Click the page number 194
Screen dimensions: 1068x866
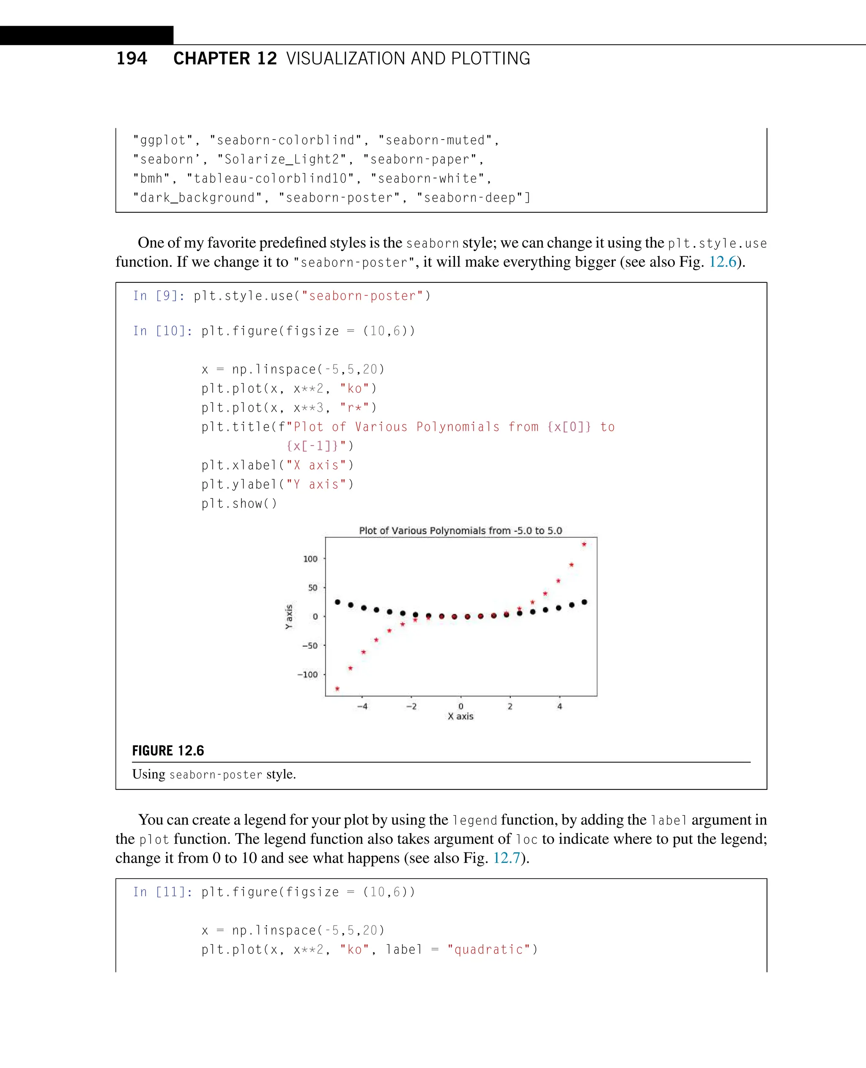click(132, 58)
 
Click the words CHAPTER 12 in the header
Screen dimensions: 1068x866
click(225, 58)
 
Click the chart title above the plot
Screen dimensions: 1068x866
click(460, 530)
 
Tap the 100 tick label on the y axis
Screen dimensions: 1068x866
click(310, 559)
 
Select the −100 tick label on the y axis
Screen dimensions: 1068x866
click(307, 674)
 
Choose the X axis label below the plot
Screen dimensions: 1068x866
click(460, 716)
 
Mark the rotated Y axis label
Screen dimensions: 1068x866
click(289, 616)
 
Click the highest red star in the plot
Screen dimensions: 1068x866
click(584, 544)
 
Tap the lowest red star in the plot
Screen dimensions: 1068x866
click(337, 689)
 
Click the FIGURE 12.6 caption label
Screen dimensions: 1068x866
click(168, 751)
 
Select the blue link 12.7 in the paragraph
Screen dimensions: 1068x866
click(506, 858)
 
